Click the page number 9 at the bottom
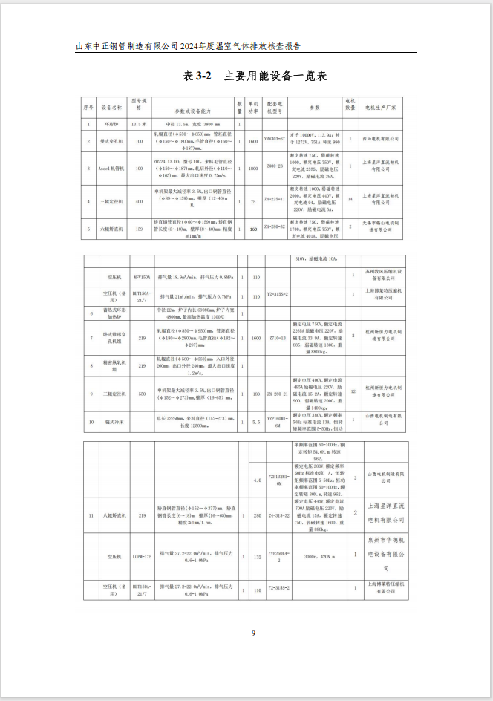coord(253,633)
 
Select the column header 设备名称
coord(111,107)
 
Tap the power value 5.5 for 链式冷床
coord(256,422)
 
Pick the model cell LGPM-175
coord(141,555)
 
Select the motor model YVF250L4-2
coord(275,555)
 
